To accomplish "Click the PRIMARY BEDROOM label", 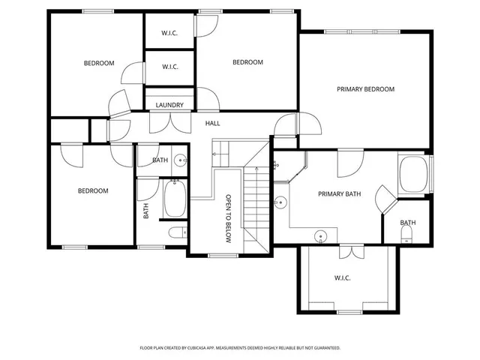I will (365, 89).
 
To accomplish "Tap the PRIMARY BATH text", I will (339, 193).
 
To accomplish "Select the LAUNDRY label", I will (169, 105).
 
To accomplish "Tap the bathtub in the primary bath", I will (412, 175).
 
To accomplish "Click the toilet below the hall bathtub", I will (176, 233).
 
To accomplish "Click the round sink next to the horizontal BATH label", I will (180, 160).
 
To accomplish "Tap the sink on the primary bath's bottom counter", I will (321, 236).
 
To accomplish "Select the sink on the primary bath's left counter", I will (280, 202).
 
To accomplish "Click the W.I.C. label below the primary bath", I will (342, 277).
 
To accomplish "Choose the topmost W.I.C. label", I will (169, 34).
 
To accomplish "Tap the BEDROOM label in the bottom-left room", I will (93, 191).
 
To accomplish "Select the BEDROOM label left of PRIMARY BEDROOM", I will (247, 62).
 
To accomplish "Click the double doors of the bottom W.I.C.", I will (349, 251).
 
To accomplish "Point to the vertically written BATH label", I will (146, 211).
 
